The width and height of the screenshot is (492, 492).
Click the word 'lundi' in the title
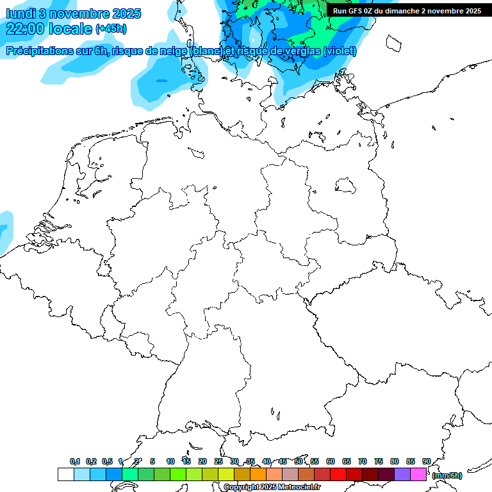[x=20, y=13]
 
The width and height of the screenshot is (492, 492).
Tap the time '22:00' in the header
[x=26, y=29]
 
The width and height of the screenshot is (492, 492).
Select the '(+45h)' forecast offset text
[x=111, y=29]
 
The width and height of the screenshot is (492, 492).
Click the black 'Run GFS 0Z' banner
[x=407, y=10]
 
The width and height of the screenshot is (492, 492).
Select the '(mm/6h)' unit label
[x=447, y=475]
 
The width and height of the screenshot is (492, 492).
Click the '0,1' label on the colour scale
[x=75, y=462]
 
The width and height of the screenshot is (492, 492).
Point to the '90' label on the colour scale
[x=426, y=462]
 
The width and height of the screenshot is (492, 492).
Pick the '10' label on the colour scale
[x=170, y=462]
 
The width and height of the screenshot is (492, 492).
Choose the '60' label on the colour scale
[x=331, y=462]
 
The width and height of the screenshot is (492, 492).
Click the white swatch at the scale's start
[x=65, y=474]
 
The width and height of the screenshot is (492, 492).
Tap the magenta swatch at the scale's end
[x=418, y=474]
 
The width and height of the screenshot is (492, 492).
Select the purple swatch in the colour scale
[x=402, y=474]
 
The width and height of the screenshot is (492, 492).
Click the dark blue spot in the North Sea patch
[x=162, y=81]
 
